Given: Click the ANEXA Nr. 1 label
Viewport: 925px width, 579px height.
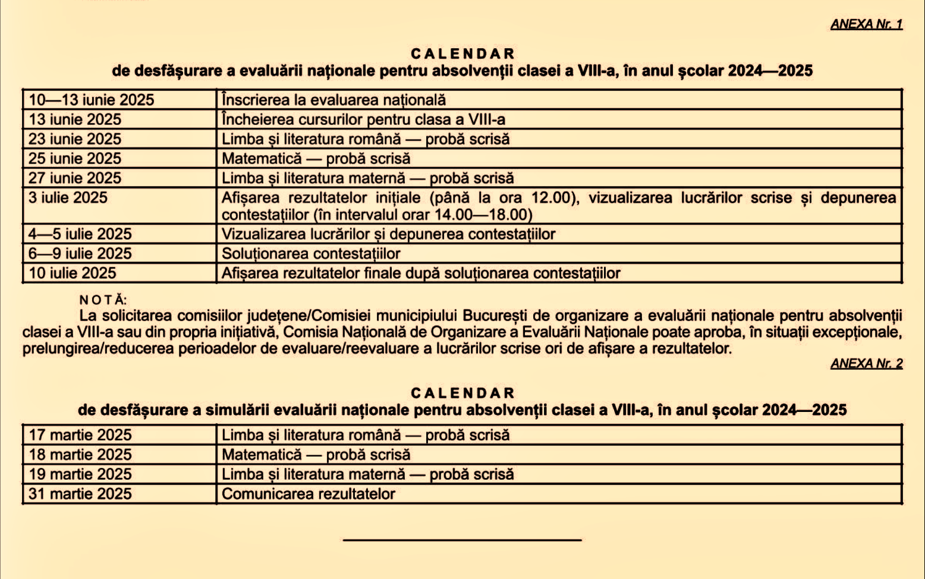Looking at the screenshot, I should (x=866, y=24).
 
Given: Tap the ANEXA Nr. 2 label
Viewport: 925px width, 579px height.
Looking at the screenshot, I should (x=866, y=363).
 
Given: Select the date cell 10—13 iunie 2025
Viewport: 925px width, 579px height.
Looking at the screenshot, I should (x=92, y=100).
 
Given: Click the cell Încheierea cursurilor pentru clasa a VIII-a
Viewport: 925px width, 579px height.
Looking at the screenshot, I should (x=363, y=119).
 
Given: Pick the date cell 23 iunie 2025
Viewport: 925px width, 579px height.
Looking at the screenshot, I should (x=75, y=139).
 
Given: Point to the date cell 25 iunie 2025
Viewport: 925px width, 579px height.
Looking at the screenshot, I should (x=75, y=159).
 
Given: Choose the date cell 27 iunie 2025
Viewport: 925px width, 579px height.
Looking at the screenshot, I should (x=75, y=178).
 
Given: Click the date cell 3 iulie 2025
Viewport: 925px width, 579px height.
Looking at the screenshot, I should (x=68, y=198).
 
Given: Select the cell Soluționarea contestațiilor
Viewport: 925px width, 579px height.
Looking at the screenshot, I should (x=311, y=254).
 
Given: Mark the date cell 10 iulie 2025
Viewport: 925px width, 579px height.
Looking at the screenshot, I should (x=73, y=273).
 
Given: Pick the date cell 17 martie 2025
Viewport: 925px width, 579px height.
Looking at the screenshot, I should (x=80, y=435).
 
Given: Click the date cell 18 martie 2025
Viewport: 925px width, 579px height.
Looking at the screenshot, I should (x=80, y=455).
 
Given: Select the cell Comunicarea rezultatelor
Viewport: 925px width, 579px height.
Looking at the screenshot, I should (x=309, y=494).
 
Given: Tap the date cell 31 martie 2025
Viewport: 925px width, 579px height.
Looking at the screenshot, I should (x=80, y=494).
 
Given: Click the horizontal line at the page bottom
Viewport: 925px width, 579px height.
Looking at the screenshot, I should (x=462, y=540).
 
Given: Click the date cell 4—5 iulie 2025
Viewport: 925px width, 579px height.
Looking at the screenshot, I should (x=80, y=234).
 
